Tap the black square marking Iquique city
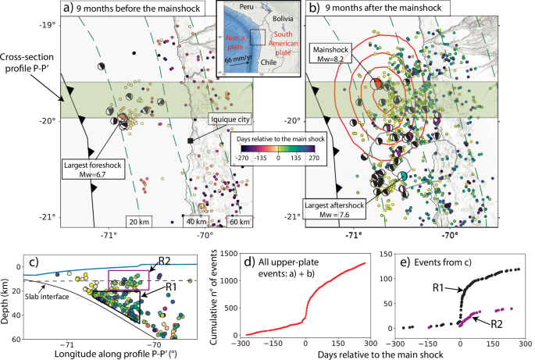pyautogui.click(x=190, y=141)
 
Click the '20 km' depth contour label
pyautogui.click(x=139, y=222)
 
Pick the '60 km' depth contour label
pyautogui.click(x=240, y=222)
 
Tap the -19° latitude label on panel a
pyautogui.click(x=47, y=24)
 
